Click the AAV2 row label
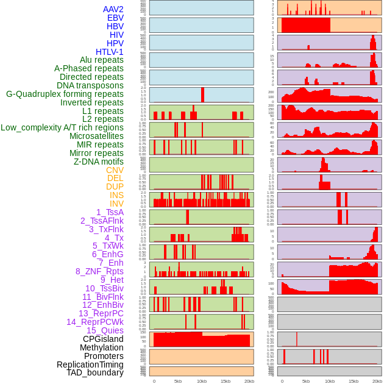[x=113, y=9]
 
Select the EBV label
[x=115, y=18]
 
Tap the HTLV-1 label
[x=109, y=52]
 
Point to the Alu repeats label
[x=101, y=60]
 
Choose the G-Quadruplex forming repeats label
[x=65, y=94]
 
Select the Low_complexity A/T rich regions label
[x=62, y=127]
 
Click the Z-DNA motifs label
[x=99, y=162]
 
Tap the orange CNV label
[x=115, y=170]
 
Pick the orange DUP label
[x=115, y=187]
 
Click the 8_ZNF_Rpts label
[x=99, y=271]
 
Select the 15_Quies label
[x=105, y=330]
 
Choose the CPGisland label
[x=103, y=339]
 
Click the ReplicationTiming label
[x=90, y=364]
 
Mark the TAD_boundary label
[x=94, y=372]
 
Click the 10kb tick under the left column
[x=202, y=381]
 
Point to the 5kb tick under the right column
[x=306, y=381]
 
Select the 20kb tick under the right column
[x=377, y=381]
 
